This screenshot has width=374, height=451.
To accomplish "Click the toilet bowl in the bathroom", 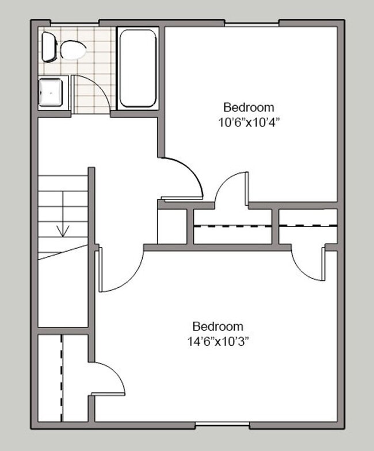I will [x=73, y=50].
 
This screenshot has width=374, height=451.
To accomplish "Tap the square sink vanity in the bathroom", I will [x=52, y=93].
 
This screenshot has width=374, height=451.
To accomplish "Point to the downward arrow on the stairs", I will [x=63, y=230].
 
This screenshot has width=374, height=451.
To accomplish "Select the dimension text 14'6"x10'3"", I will [x=217, y=340].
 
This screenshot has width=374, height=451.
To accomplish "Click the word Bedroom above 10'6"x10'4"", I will [x=249, y=107].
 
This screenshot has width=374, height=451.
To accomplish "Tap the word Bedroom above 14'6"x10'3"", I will [x=217, y=326].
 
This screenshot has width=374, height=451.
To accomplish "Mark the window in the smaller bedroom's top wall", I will [x=251, y=24].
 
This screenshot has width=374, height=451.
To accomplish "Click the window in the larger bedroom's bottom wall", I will [x=222, y=426].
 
